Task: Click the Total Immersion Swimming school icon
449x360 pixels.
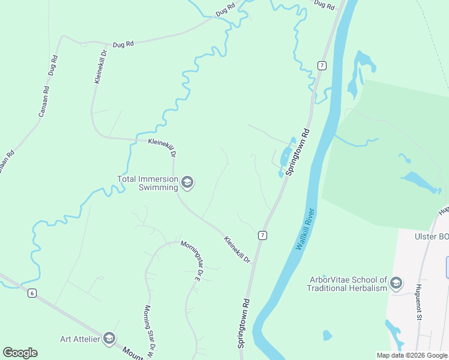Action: click(x=187, y=182)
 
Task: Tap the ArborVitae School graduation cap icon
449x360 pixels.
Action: click(x=396, y=283)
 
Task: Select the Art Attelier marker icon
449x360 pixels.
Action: click(x=109, y=339)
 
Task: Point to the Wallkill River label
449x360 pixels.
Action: click(x=306, y=230)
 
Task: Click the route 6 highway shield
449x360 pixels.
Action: click(x=32, y=293)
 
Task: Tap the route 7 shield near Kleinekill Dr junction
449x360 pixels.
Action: click(x=262, y=235)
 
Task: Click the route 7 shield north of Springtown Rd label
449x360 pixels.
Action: click(x=322, y=65)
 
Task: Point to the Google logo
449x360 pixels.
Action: click(x=20, y=353)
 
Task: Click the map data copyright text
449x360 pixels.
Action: click(x=412, y=355)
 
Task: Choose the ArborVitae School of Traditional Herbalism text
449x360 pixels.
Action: click(x=348, y=283)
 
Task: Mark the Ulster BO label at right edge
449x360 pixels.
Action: click(x=431, y=236)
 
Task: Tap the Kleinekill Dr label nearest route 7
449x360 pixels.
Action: click(x=237, y=250)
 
